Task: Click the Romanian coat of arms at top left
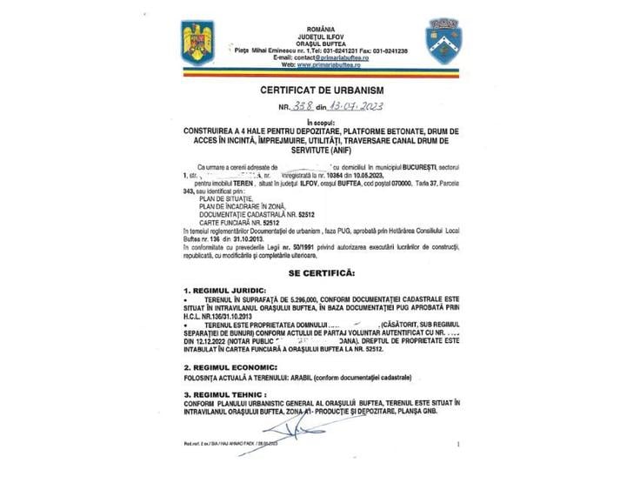click(x=192, y=42)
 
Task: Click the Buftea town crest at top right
click(x=443, y=39)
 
